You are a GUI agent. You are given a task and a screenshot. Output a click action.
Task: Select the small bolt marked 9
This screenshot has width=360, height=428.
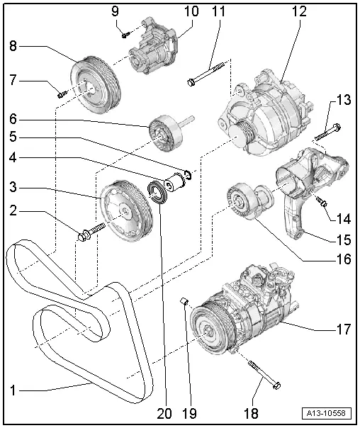125,32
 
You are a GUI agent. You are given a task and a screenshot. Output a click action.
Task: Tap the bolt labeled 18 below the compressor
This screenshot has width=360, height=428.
263,375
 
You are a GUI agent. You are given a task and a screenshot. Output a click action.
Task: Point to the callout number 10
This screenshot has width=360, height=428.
192,12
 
